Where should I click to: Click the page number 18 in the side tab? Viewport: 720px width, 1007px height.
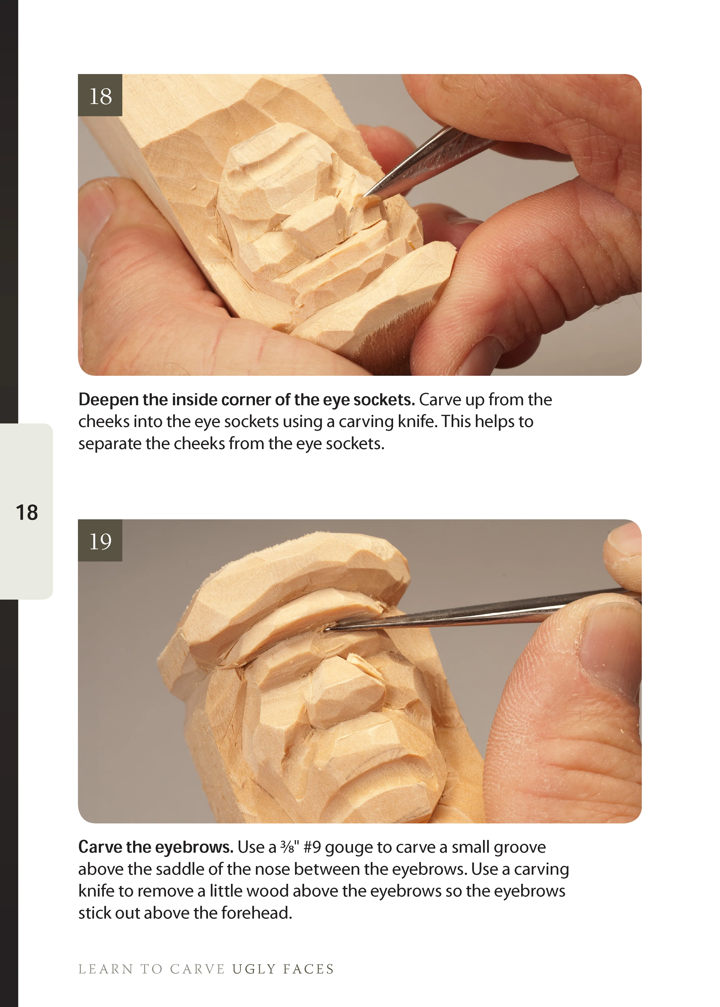(27, 513)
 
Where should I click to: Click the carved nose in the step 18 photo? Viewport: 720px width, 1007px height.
(313, 221)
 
